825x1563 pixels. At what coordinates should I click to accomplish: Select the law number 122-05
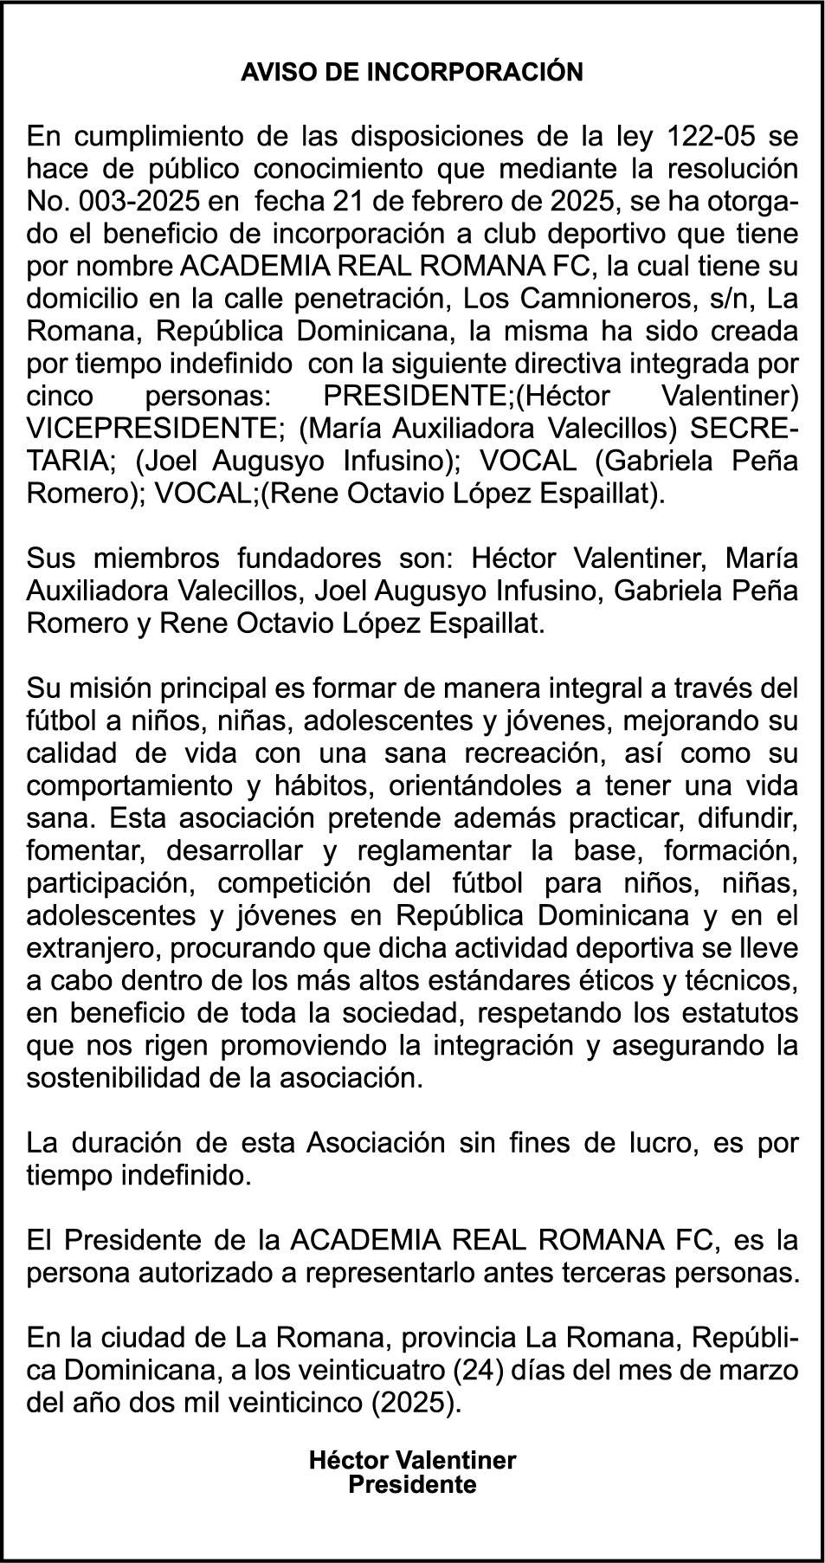click(x=714, y=136)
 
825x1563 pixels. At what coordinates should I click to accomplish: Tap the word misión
click(x=114, y=688)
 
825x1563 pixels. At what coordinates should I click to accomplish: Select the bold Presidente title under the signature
click(x=412, y=1484)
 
